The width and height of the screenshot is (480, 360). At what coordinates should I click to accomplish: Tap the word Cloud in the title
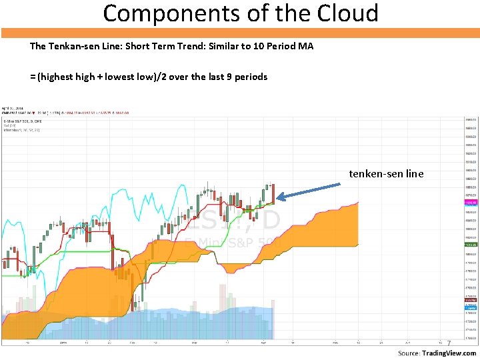coord(345,13)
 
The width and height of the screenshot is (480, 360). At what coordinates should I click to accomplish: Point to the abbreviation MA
coord(306,47)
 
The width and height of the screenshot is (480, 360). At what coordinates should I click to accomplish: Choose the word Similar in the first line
coord(225,47)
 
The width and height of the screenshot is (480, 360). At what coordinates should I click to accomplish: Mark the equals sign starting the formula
coord(33,77)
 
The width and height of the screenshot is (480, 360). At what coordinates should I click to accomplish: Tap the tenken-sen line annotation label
coord(386,174)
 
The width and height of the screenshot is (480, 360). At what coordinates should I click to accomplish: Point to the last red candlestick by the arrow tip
coord(273,193)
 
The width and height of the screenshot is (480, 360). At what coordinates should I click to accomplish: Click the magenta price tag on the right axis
coord(471,201)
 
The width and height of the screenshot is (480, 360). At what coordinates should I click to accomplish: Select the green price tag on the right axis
coord(471,245)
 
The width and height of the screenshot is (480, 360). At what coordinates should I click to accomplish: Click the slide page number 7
coord(449,344)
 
